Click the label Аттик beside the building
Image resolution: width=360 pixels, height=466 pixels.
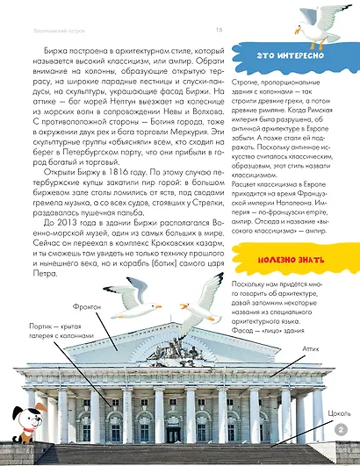pos(301,348)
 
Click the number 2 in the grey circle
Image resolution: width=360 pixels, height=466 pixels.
pos(341,429)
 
